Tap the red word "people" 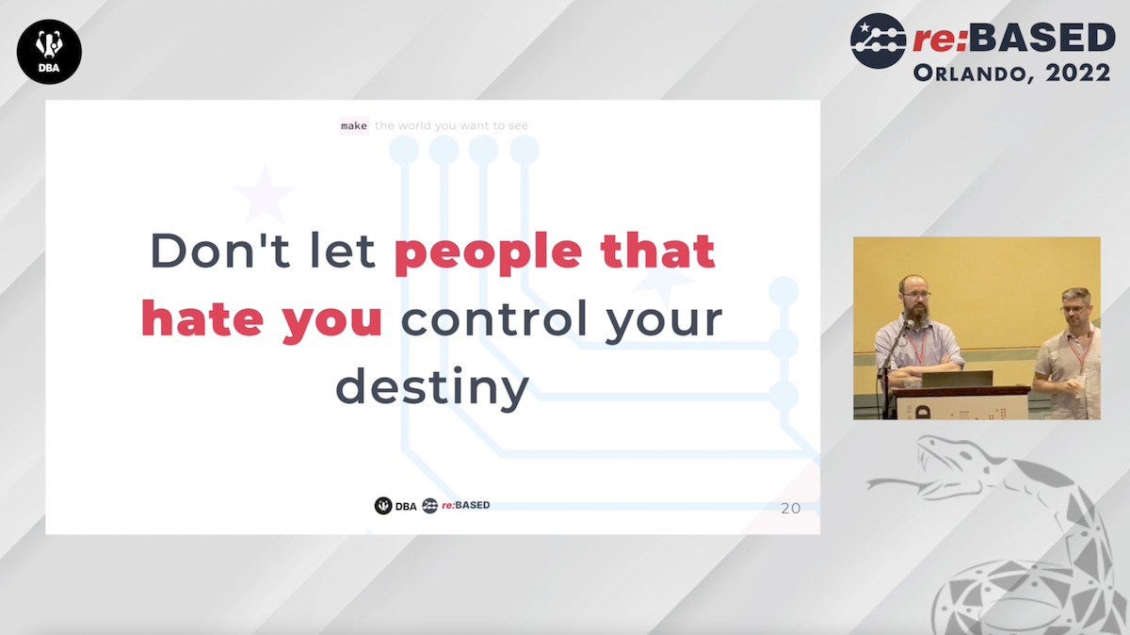coord(489,253)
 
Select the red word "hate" coord(202,318)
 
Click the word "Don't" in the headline coord(220,250)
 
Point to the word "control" coord(494,318)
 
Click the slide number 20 coord(790,509)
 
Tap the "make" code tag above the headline coord(354,125)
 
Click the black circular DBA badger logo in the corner coord(49,52)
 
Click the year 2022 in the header coord(1078,73)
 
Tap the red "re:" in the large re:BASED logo coord(940,40)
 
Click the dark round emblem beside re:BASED coord(878,41)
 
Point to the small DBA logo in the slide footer coord(395,505)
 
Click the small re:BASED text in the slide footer coord(465,505)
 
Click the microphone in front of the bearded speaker coord(909,325)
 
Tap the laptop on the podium coord(957,379)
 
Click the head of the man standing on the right coord(1076,307)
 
